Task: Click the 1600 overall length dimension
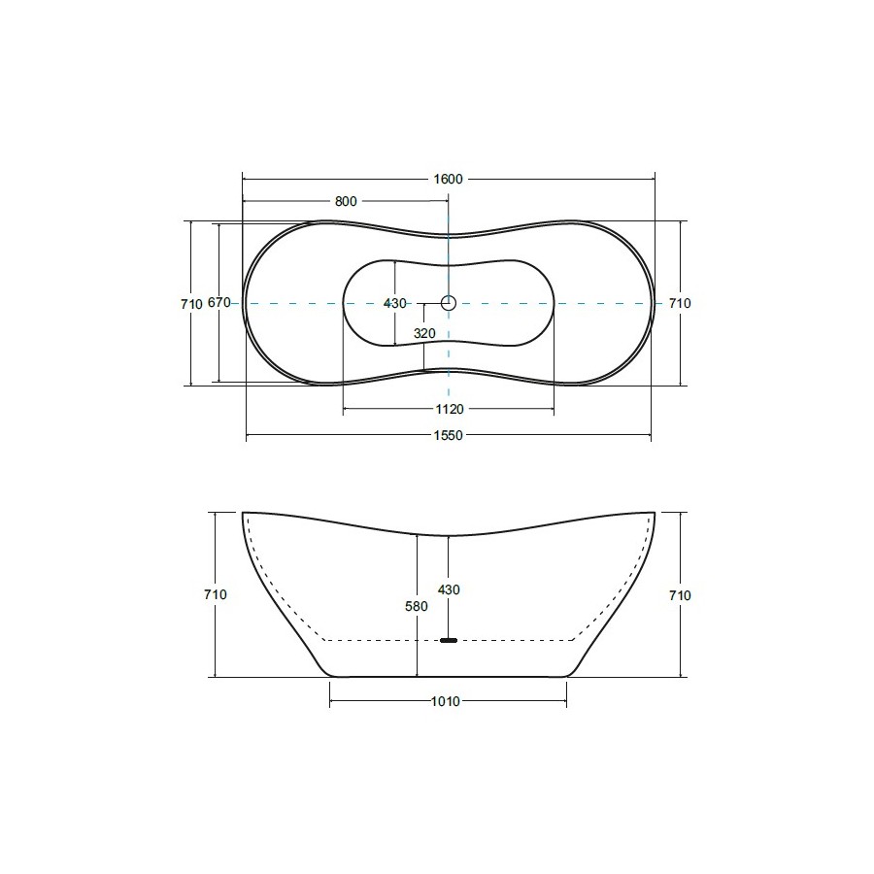(x=448, y=179)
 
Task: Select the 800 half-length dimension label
(x=346, y=201)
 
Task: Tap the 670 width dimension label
(x=219, y=303)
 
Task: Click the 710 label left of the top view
(x=191, y=304)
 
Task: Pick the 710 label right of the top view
(x=680, y=303)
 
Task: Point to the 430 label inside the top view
(x=394, y=304)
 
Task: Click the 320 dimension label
(x=424, y=333)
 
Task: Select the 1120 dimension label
(x=450, y=410)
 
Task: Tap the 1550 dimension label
(x=448, y=435)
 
